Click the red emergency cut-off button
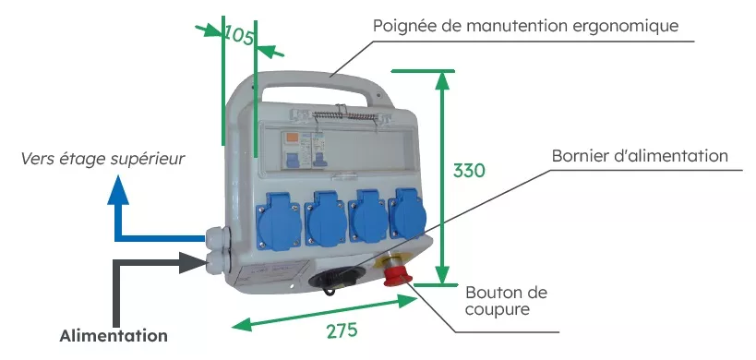pos(396,276)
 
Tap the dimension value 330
pos(469,171)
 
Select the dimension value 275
pos(342,330)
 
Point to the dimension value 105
pos(239,36)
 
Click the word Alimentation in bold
pos(114,335)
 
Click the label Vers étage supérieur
pos(102,159)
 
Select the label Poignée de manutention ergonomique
pos(525,26)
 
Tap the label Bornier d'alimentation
pos(640,156)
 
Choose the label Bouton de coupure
pos(506,300)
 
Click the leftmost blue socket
pos(278,222)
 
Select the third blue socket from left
pos(369,215)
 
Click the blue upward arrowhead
pos(118,190)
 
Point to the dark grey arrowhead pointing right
pos(194,262)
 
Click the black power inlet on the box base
pos(329,280)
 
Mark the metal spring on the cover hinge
pos(343,116)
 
